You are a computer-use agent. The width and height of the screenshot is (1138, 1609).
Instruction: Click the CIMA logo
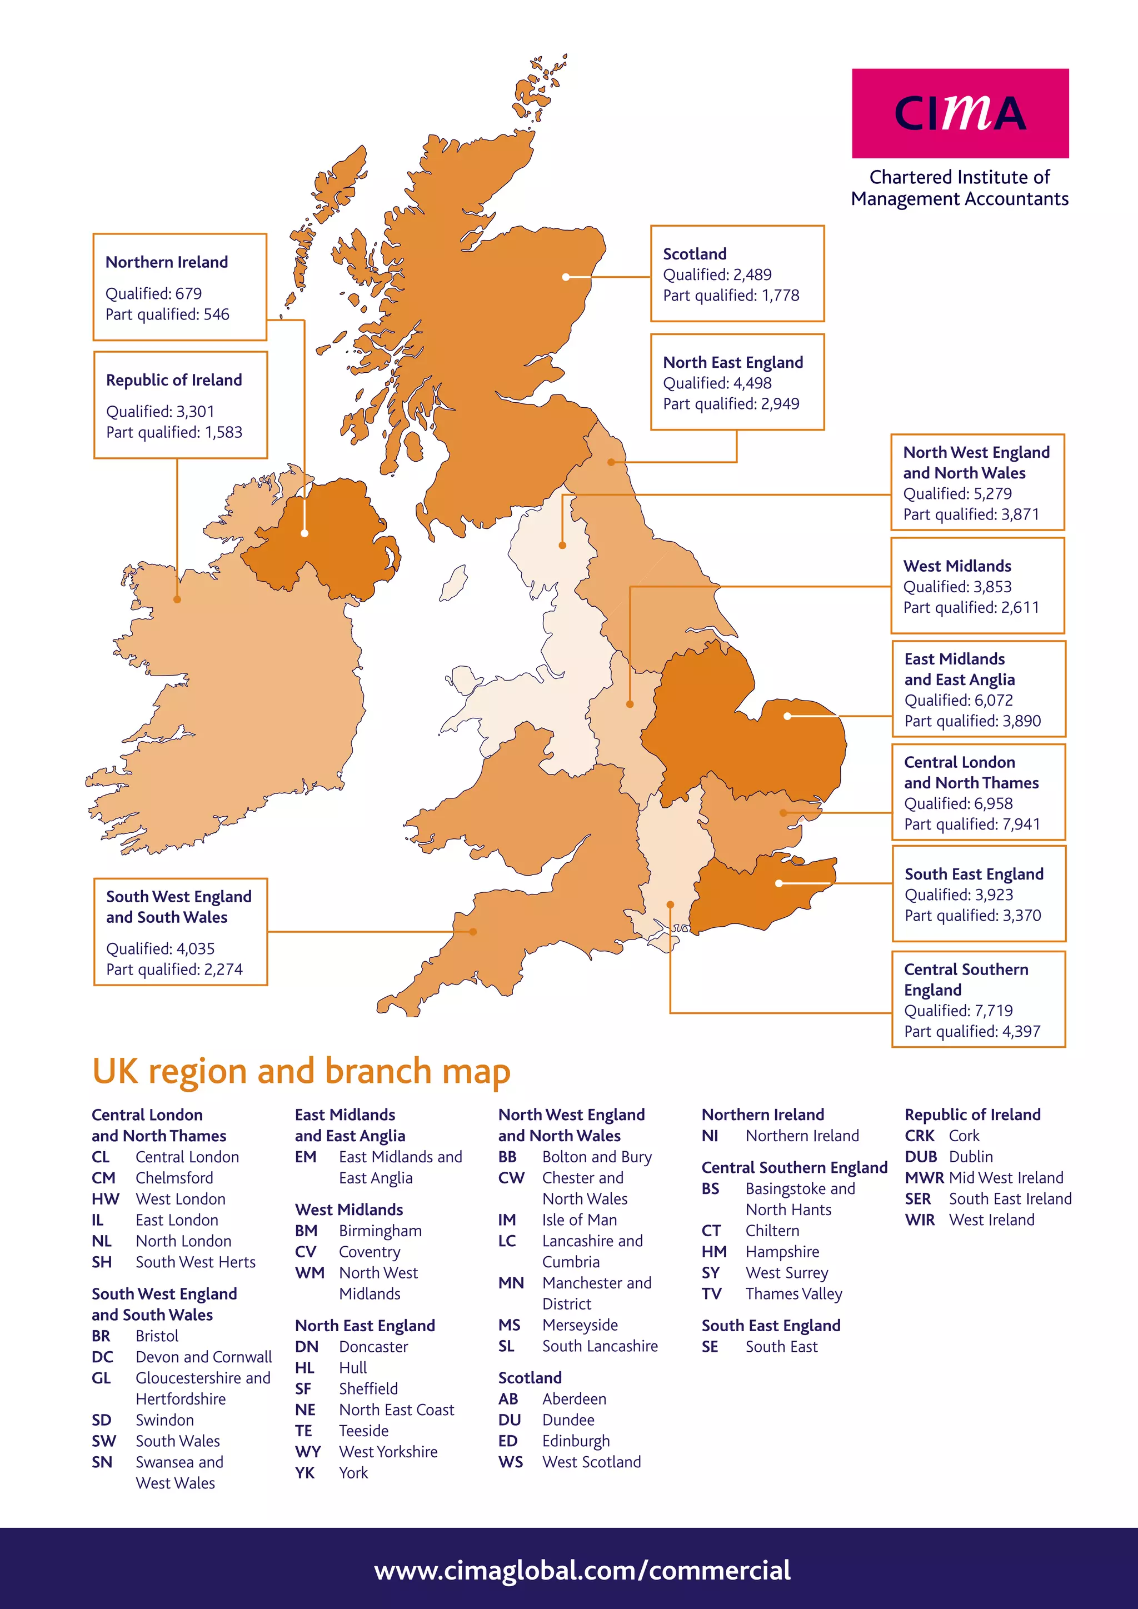[960, 113]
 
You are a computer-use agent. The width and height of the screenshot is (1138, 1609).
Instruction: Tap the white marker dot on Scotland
[566, 277]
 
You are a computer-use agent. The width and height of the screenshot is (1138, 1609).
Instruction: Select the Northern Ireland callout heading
[167, 262]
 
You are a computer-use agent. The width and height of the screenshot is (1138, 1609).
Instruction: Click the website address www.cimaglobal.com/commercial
[582, 1571]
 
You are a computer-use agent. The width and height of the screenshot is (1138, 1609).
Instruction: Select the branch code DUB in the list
[920, 1157]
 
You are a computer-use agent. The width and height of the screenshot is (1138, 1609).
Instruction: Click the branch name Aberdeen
[574, 1399]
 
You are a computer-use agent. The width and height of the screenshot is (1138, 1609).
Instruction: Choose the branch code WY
[308, 1451]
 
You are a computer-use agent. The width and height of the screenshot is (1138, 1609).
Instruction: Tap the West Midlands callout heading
[957, 566]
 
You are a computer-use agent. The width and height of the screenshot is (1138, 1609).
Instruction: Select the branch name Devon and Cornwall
[203, 1357]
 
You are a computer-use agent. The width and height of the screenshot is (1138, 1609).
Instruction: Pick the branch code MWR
[924, 1178]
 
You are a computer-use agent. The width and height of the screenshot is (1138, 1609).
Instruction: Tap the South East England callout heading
[974, 874]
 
